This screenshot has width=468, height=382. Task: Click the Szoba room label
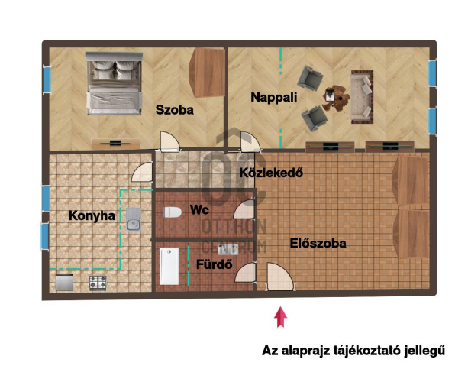[175, 110]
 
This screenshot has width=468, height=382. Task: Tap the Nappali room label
[274, 98]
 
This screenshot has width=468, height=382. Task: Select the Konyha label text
[92, 216]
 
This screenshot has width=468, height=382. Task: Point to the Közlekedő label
[271, 173]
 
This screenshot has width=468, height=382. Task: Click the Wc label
[199, 210]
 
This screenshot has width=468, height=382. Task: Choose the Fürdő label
[215, 264]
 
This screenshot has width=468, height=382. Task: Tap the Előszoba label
[318, 244]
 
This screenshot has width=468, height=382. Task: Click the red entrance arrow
[280, 317]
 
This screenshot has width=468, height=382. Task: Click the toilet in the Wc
[173, 212]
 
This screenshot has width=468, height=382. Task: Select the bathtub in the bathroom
[169, 266]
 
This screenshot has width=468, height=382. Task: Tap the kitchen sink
[134, 220]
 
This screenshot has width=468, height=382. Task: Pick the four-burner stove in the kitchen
[98, 283]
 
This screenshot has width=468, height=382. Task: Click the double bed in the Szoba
[114, 83]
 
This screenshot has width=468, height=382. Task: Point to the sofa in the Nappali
[363, 97]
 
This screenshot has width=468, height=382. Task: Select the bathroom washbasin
[228, 249]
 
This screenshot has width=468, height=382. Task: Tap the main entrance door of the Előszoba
[279, 277]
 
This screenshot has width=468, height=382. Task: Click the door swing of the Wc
[244, 209]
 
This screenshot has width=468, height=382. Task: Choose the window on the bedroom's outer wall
[47, 79]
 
